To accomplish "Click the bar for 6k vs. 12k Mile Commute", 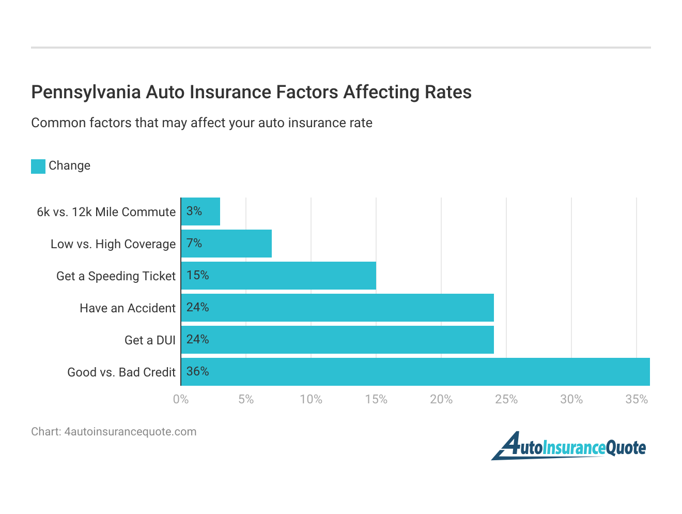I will (201, 211).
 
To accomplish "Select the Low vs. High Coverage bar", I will (227, 244).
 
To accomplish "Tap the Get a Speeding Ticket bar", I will (279, 276).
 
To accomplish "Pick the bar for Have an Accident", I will (338, 308).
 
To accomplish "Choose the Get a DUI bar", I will (338, 340).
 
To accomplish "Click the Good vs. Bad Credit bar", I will (415, 372).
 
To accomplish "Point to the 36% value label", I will (197, 371).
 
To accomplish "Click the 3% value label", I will (194, 211).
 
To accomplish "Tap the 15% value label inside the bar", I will (197, 275).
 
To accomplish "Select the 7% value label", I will (194, 243).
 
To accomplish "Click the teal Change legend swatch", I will (38, 166).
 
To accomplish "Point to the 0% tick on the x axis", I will (181, 399).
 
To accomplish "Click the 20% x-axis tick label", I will (441, 399).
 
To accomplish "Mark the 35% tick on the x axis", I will (637, 399).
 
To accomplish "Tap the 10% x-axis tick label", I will (311, 399).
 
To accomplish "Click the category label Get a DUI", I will (150, 340).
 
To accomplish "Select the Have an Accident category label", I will (128, 308).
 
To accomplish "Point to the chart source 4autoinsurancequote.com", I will (130, 432).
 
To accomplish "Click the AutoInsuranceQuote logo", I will (568, 446).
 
